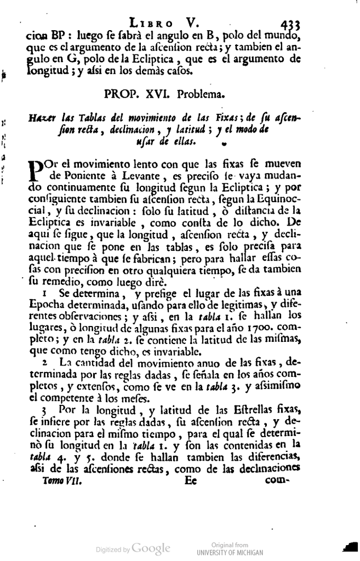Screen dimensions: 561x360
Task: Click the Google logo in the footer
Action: click(151, 548)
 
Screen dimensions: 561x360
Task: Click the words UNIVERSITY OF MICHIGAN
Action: click(230, 553)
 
